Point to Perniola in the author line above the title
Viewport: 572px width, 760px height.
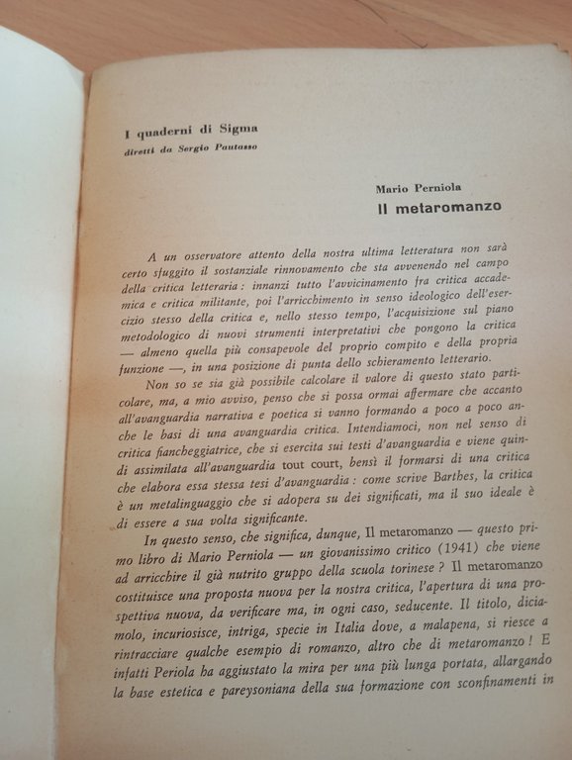451,188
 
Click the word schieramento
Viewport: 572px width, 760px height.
382,386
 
